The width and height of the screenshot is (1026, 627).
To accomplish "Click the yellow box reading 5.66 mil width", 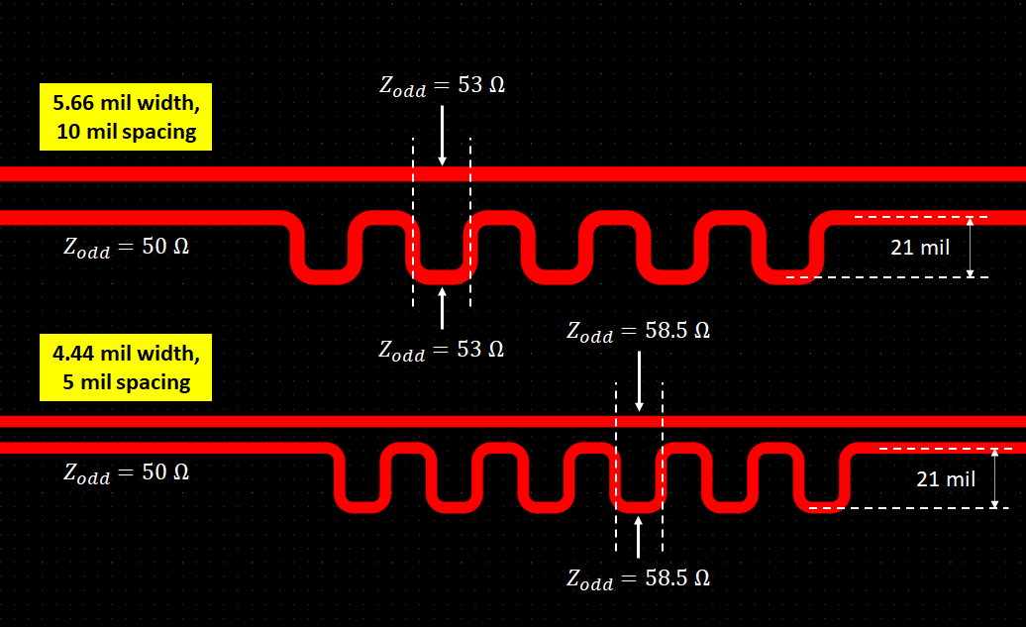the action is (x=126, y=117).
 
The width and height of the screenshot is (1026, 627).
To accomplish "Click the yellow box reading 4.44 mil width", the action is (x=126, y=367).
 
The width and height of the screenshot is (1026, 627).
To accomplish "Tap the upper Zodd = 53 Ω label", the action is (x=443, y=86).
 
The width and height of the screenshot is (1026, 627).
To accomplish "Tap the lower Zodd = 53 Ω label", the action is (x=442, y=351).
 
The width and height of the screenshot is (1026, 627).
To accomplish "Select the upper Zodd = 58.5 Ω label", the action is (x=638, y=331).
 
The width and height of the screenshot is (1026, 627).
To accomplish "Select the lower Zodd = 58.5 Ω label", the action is (x=638, y=579).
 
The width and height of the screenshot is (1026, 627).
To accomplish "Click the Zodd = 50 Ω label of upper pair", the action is (x=127, y=248).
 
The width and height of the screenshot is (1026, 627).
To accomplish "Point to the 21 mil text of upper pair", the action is (x=920, y=248).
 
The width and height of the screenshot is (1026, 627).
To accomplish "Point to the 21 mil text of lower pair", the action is (x=946, y=479).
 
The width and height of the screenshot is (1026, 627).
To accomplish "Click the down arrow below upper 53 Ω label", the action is (x=443, y=136).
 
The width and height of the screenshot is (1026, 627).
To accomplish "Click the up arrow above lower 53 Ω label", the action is (x=443, y=308).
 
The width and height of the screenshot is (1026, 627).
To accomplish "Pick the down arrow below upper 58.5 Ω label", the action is (x=640, y=381).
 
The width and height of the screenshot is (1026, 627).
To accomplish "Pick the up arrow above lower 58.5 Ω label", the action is (x=639, y=537).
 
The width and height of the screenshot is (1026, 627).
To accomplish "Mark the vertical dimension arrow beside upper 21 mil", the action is (x=971, y=248).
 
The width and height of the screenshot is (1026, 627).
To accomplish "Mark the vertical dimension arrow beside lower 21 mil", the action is (x=994, y=478).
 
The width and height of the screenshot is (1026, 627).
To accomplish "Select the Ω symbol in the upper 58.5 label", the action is (x=701, y=331).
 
